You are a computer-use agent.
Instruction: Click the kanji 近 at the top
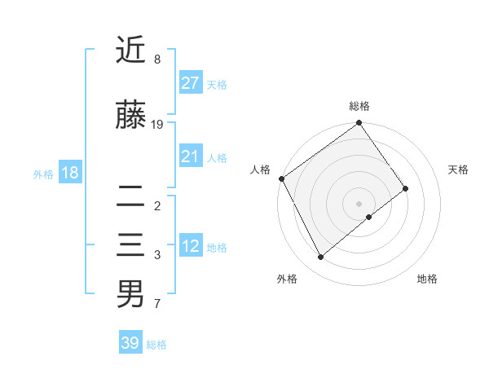(x=130, y=51)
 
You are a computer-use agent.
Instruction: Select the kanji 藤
(x=130, y=117)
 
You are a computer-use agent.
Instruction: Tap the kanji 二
(x=130, y=196)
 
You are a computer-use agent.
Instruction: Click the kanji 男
(x=130, y=294)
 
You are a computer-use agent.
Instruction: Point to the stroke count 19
(x=157, y=125)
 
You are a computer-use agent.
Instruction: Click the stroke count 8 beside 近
(x=156, y=59)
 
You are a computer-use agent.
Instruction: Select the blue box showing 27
(x=191, y=83)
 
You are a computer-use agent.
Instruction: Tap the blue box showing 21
(x=191, y=156)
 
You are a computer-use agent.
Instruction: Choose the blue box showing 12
(x=191, y=246)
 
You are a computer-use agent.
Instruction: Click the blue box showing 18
(x=69, y=173)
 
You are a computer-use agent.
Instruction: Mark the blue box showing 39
(x=130, y=343)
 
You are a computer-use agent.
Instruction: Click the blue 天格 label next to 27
(x=217, y=85)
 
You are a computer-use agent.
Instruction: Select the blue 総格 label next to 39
(x=156, y=345)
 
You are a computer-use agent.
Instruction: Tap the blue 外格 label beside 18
(x=43, y=174)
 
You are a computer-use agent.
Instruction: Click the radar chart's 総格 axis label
(x=359, y=106)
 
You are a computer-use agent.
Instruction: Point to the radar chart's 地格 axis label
(x=427, y=279)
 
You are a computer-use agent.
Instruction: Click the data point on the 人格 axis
(x=281, y=178)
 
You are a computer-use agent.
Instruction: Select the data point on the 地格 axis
(x=369, y=217)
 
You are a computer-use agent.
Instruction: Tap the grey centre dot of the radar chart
(x=359, y=203)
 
